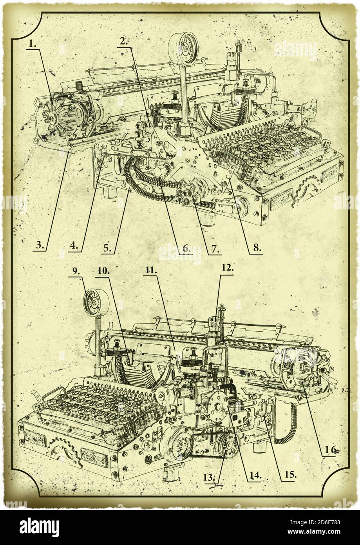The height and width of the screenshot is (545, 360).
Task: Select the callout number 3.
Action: click(x=40, y=246)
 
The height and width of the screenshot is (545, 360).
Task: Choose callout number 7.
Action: click(x=215, y=248)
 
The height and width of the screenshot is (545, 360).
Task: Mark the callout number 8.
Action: click(x=256, y=247)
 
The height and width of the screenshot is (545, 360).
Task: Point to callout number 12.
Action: click(x=227, y=268)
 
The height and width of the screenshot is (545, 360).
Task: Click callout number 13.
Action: click(x=210, y=477)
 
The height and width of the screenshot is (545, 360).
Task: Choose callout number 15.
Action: click(x=289, y=473)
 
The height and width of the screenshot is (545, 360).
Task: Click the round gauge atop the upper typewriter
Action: click(x=183, y=49)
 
